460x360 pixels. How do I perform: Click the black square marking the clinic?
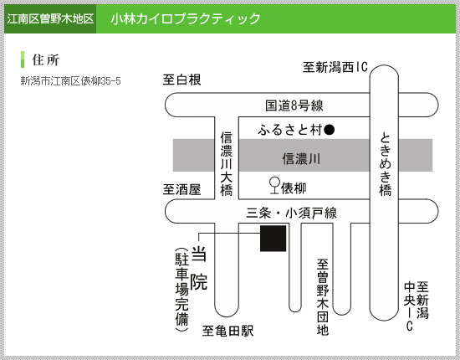point(273,239)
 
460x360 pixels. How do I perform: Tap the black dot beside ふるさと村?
point(330,130)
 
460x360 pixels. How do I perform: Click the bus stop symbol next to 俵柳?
point(274,186)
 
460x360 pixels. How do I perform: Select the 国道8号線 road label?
point(294,105)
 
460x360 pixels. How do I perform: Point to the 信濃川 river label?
point(301,159)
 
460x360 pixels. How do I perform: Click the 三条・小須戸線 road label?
point(291,213)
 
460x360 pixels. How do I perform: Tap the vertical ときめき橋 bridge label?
point(386,164)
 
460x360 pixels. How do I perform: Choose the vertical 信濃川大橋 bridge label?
point(227,164)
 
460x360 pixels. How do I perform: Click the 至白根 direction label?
point(181,80)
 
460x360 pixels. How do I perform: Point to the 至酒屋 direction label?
point(181,189)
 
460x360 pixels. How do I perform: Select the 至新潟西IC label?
point(335,67)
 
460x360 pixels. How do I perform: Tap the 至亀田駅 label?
point(228,331)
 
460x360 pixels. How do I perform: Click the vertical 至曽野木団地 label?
point(322,297)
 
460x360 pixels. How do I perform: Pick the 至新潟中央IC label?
point(417,306)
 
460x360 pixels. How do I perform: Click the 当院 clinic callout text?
point(199,268)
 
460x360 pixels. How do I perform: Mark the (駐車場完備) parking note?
point(181,290)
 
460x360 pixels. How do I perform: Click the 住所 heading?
point(45,59)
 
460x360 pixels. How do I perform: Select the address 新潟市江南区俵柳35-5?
point(71,80)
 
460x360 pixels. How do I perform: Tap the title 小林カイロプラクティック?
point(186,18)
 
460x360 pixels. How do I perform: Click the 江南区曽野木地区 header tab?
point(50,18)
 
